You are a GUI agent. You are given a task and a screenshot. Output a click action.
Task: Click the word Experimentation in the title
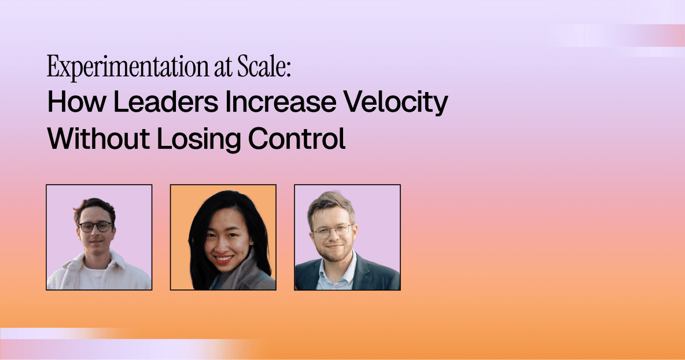pos(127,67)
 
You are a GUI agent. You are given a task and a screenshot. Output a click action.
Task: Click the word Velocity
pos(395,103)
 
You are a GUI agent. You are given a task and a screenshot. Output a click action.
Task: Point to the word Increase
pos(281,102)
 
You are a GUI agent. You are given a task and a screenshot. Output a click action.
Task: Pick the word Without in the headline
pos(98,138)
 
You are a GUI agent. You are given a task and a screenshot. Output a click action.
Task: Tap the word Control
pos(297,138)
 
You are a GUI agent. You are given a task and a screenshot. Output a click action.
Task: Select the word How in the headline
pos(76,102)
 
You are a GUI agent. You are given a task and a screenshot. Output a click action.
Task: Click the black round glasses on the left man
pos(95,227)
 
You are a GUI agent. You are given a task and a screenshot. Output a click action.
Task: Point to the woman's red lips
pos(223,259)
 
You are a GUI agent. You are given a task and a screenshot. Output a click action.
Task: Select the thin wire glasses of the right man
pos(332,230)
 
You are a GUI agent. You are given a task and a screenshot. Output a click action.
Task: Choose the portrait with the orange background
pos(223,237)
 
